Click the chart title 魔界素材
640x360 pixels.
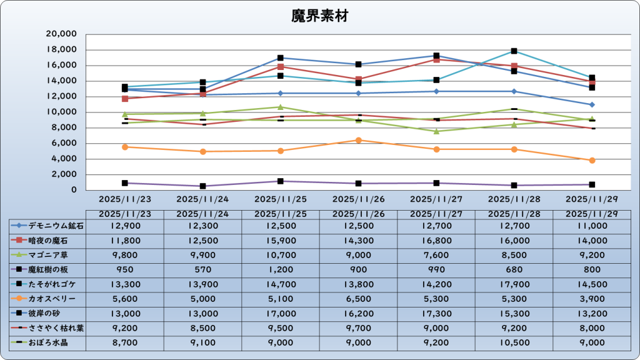pos(319,16)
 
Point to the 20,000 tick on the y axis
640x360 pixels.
pos(62,34)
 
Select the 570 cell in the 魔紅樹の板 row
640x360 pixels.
pos(202,269)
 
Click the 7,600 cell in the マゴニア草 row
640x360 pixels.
pos(436,255)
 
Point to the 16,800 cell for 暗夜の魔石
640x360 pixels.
pos(436,240)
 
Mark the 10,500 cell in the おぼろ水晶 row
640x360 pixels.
pos(514,343)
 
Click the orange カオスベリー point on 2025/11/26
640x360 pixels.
pos(359,140)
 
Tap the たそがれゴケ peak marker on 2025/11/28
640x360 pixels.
pos(514,51)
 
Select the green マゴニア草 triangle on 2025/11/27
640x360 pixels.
pos(436,131)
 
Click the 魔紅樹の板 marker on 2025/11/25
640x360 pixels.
pos(281,181)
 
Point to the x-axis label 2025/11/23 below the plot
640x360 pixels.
pos(125,200)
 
